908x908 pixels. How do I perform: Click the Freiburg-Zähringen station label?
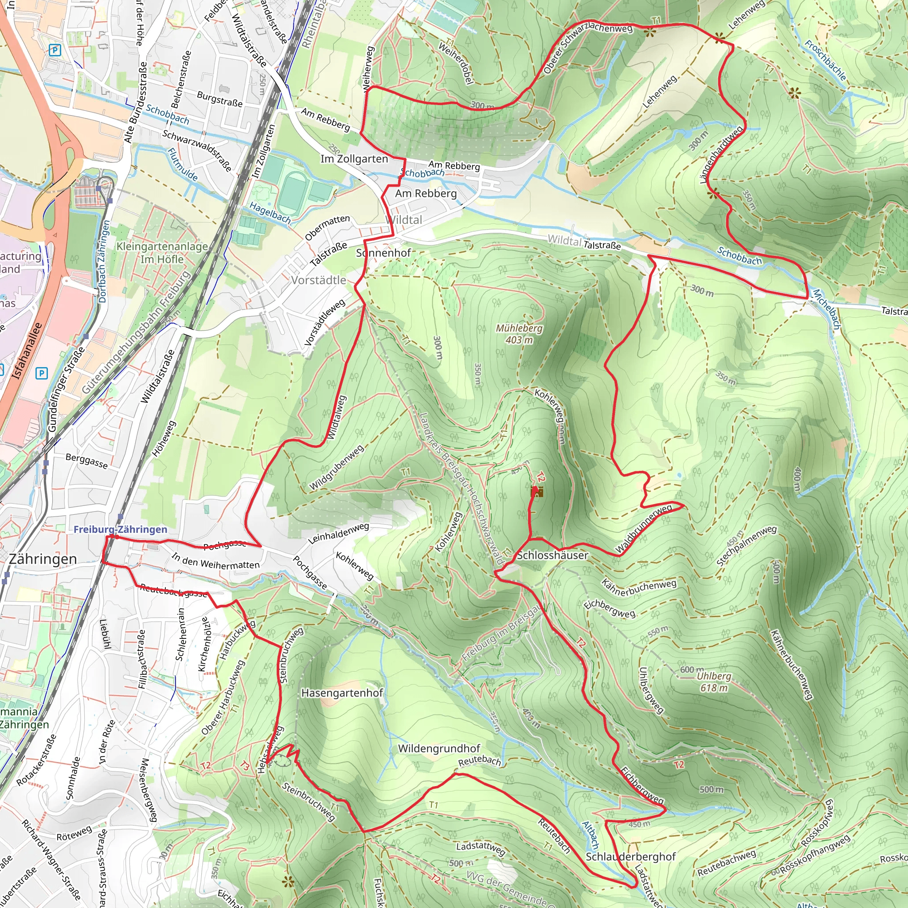120,529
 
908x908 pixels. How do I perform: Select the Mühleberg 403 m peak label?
519,334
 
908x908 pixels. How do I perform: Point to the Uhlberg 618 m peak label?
714,681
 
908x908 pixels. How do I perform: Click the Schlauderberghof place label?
631,857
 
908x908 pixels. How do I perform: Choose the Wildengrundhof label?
439,749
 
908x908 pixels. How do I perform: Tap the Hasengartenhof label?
342,693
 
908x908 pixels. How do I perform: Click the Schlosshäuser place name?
552,555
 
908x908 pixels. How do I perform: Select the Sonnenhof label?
384,253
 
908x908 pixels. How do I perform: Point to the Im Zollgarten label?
354,159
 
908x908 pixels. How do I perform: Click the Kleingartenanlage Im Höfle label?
162,252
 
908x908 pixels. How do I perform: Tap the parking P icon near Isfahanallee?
41,374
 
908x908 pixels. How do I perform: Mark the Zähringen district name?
43,559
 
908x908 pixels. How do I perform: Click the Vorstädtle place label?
318,280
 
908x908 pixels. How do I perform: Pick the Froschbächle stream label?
825,60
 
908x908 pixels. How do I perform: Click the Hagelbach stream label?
270,212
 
